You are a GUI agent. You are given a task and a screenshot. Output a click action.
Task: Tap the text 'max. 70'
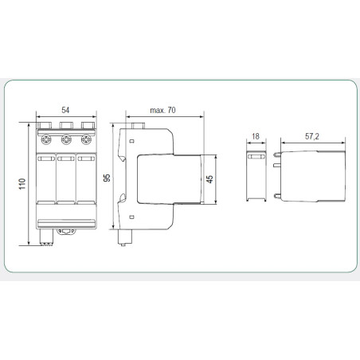[x=163, y=109]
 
